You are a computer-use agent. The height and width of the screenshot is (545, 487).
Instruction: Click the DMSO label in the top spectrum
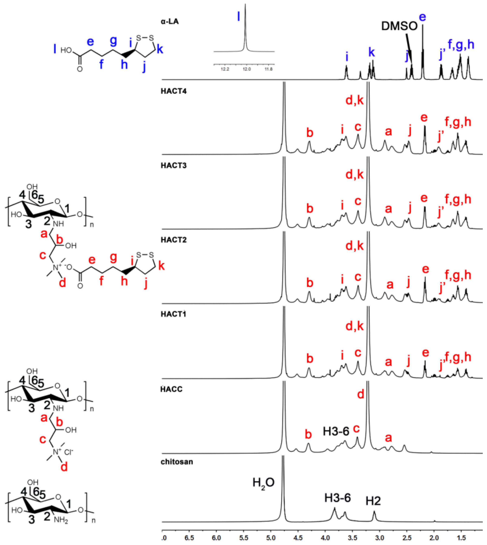399,26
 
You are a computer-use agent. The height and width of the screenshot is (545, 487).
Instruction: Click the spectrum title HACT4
173,91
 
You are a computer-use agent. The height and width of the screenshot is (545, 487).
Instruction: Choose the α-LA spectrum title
170,21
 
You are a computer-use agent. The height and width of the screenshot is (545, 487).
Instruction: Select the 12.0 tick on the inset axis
247,69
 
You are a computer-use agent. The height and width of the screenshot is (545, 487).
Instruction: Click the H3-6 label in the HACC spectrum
336,431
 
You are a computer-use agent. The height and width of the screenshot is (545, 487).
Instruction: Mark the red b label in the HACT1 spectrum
310,358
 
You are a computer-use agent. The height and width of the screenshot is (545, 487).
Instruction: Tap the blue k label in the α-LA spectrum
371,52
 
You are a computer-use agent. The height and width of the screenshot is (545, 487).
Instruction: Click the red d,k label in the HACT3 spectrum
355,175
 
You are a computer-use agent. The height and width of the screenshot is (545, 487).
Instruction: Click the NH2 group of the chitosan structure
61,520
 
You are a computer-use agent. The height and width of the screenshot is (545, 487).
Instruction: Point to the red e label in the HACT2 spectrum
425,269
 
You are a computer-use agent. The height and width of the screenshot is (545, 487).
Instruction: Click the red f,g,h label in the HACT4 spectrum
458,122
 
